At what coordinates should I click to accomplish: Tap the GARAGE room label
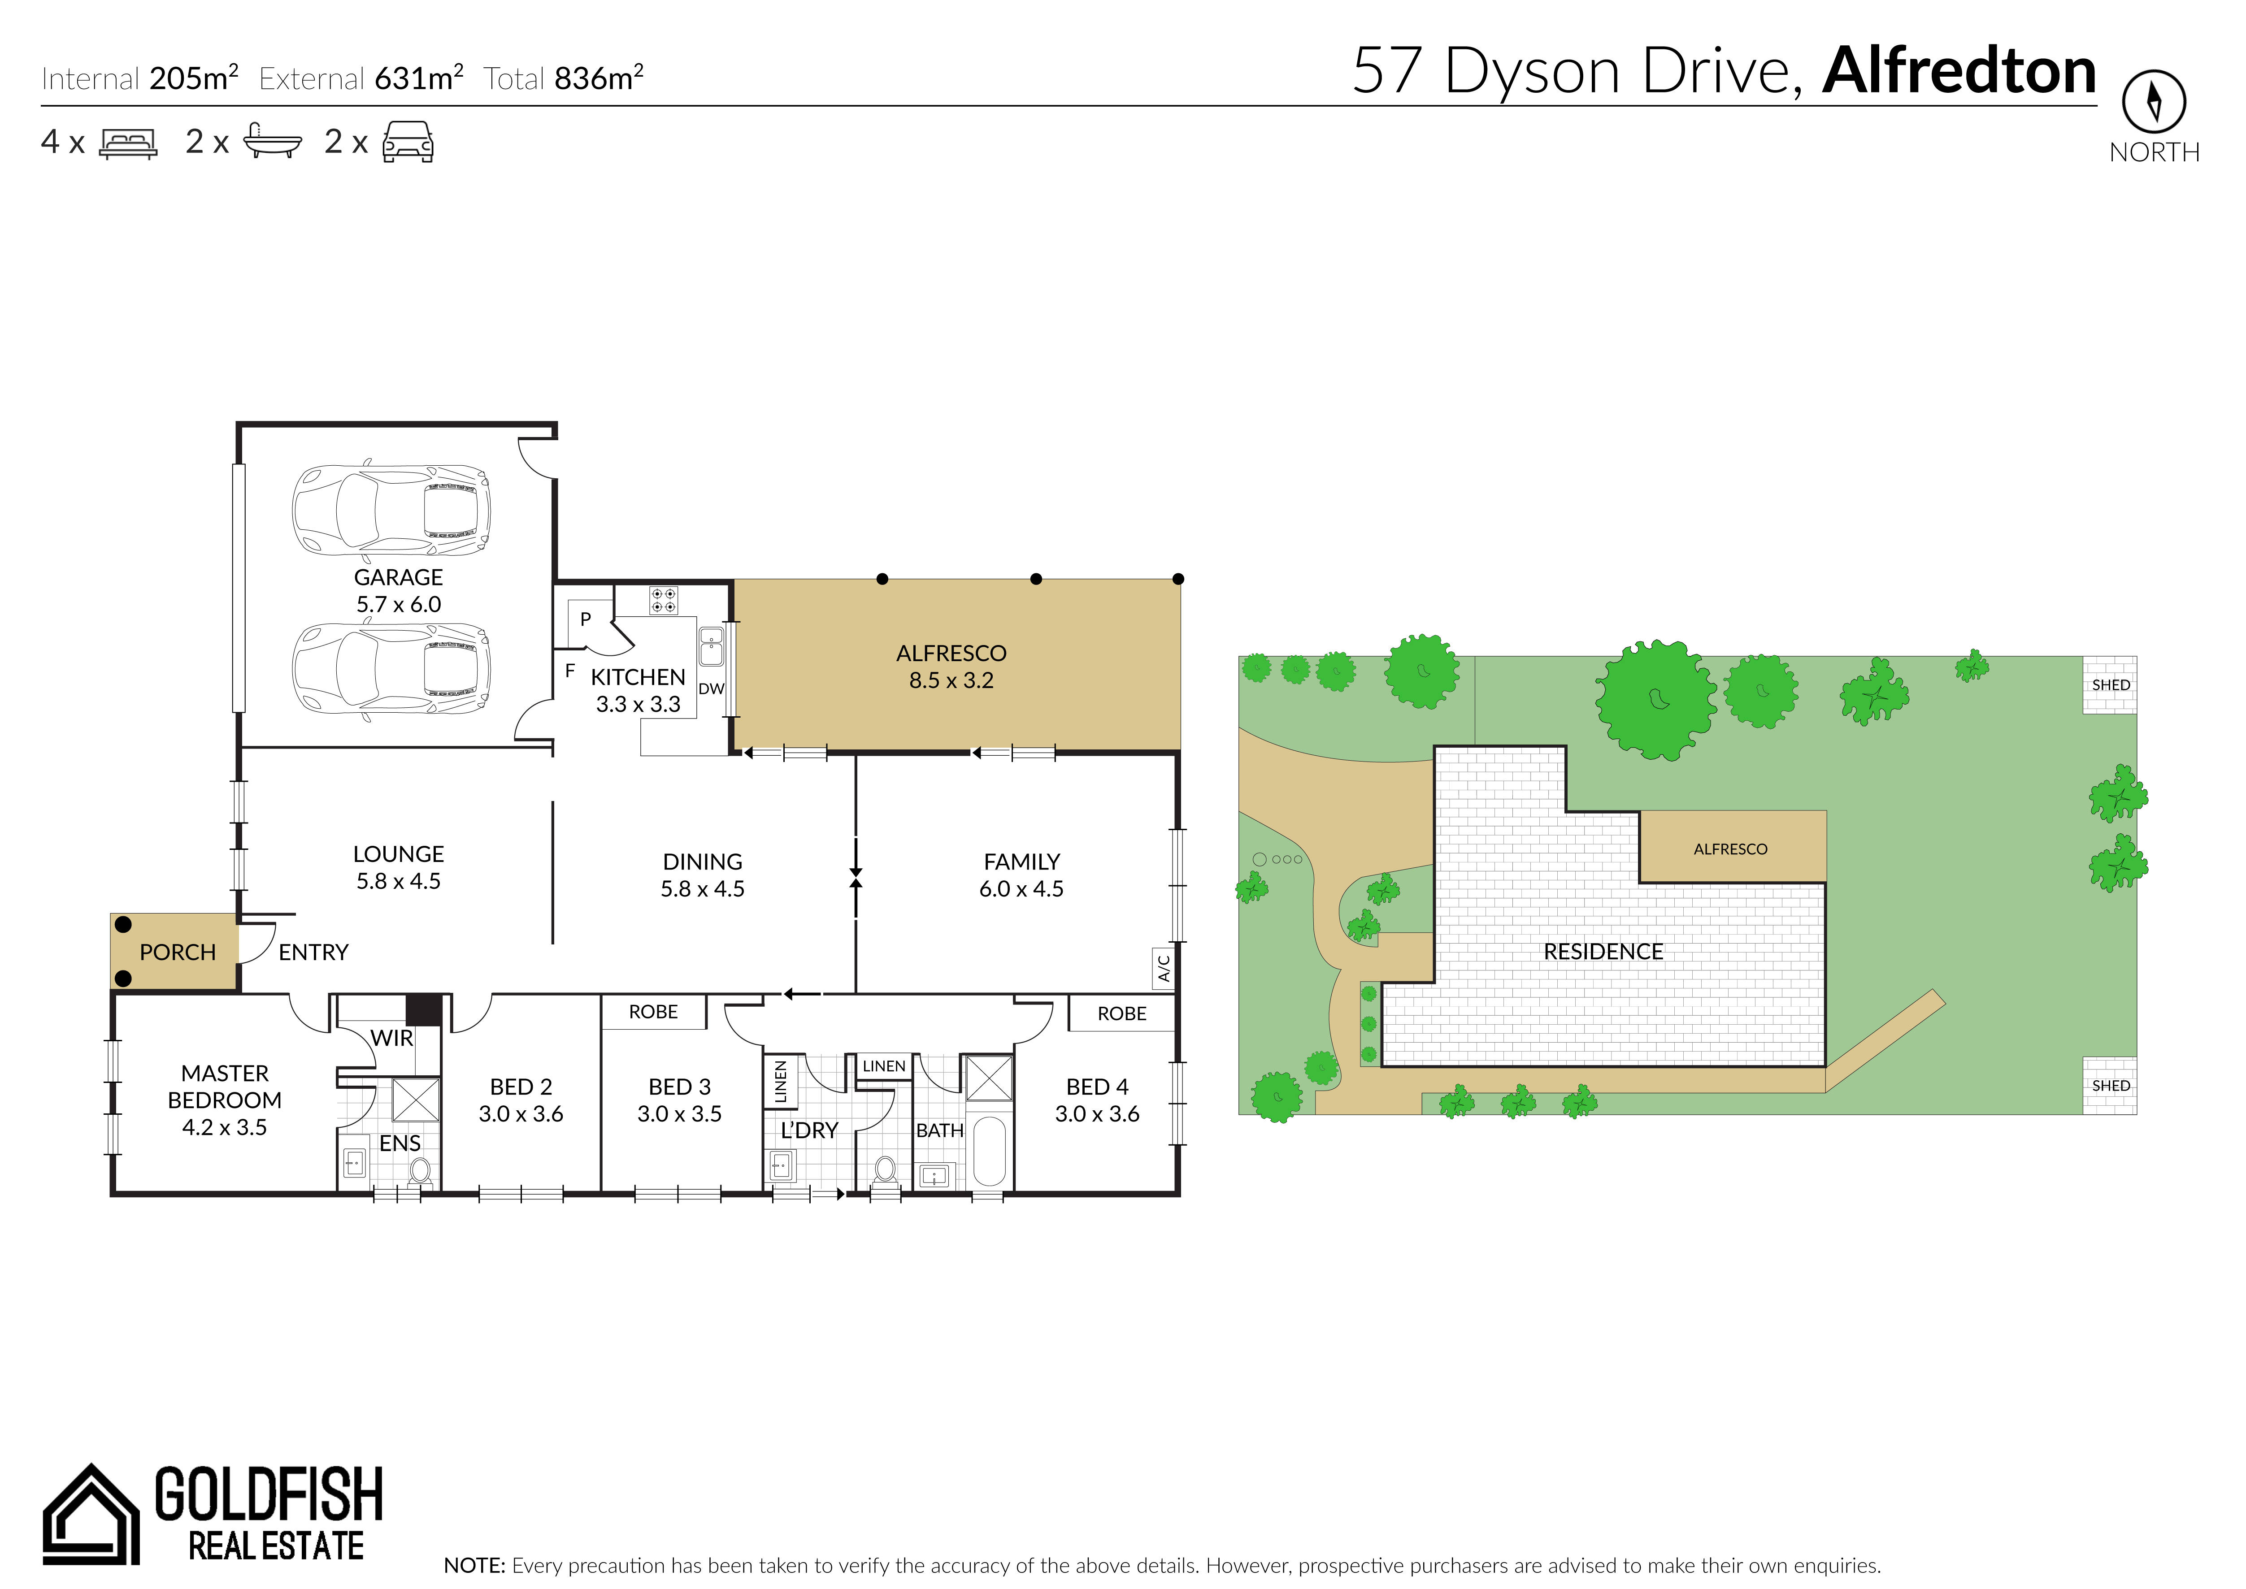[x=398, y=577]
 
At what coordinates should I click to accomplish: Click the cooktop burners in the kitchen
[x=664, y=600]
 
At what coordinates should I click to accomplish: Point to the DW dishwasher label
[x=712, y=689]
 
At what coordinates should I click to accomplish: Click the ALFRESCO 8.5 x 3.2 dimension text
[x=951, y=680]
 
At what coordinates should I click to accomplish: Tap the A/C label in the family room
[x=1164, y=967]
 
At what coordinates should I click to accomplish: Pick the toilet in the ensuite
[x=420, y=1171]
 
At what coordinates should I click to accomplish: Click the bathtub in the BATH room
[x=990, y=1152]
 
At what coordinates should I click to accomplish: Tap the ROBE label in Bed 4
[x=1121, y=1013]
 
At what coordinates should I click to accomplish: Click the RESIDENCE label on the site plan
[x=1603, y=951]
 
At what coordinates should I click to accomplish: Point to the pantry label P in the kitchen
[x=585, y=619]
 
